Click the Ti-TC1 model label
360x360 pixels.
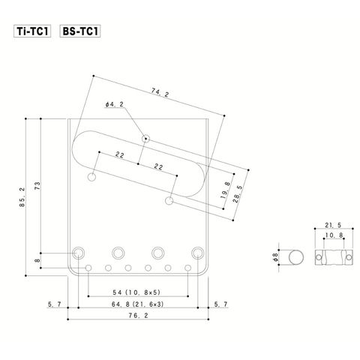click(x=32, y=31)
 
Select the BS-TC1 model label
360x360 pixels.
click(x=80, y=31)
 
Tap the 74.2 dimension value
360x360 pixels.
click(x=160, y=93)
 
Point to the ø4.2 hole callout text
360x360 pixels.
click(x=115, y=104)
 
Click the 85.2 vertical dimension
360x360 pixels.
click(x=22, y=197)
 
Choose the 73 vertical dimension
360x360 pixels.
click(x=37, y=186)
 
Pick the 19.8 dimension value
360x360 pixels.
click(x=226, y=190)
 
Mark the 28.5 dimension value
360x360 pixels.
click(x=238, y=194)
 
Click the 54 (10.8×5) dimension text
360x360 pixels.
click(x=136, y=292)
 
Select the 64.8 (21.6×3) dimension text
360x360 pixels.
click(x=138, y=304)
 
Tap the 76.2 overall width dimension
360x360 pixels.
click(x=138, y=316)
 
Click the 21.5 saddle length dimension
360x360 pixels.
click(x=333, y=225)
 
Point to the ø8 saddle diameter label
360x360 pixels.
click(x=275, y=257)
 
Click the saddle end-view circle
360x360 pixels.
click(x=296, y=257)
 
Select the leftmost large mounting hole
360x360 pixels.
click(x=79, y=253)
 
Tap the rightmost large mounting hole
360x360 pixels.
click(x=198, y=253)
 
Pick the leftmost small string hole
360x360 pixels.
click(x=88, y=268)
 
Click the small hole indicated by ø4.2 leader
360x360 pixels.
click(x=145, y=138)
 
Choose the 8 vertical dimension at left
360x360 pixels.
click(x=37, y=260)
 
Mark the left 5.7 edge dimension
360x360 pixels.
click(x=55, y=304)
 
